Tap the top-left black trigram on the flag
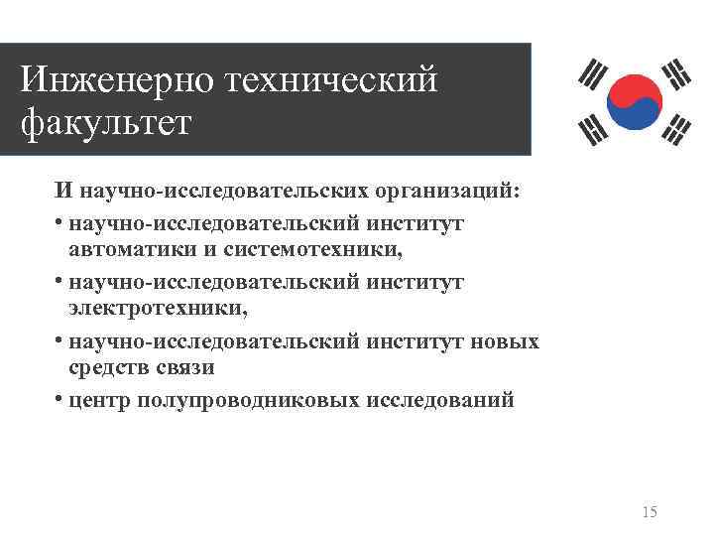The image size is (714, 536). point(593,74)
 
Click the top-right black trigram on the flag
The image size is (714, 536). point(678,71)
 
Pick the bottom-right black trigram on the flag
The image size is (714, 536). point(680,127)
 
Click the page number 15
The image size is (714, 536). point(650,512)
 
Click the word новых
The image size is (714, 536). point(506,341)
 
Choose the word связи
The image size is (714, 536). point(191,368)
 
